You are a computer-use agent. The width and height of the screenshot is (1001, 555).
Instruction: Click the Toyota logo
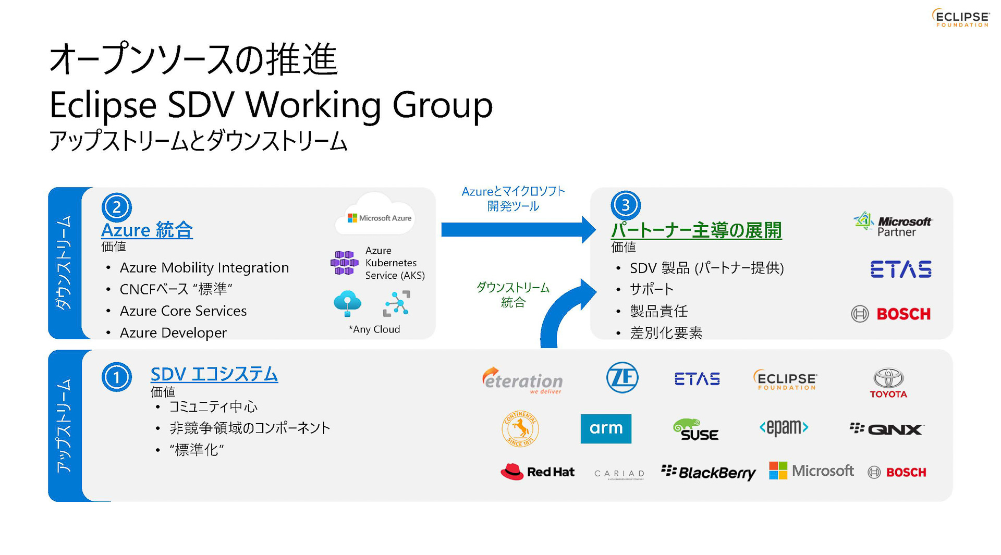(x=888, y=383)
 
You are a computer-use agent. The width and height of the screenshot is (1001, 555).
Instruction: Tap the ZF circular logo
(x=622, y=377)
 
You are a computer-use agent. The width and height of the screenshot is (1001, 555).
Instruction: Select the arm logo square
(x=605, y=428)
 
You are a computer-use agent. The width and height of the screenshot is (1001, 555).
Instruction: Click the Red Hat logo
(x=538, y=472)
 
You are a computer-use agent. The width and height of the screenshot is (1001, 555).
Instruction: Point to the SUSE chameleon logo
(x=695, y=429)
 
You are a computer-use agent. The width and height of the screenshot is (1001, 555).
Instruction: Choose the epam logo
(x=784, y=428)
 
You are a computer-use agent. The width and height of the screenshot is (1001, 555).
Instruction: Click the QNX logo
(x=886, y=429)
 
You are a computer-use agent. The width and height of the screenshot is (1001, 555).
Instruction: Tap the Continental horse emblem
(x=520, y=429)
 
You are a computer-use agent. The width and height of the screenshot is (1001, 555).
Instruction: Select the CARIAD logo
(x=619, y=474)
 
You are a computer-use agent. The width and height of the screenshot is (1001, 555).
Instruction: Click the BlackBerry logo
(x=708, y=472)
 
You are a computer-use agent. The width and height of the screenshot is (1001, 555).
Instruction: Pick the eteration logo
(x=522, y=381)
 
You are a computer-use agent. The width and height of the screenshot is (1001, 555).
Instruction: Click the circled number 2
(x=116, y=207)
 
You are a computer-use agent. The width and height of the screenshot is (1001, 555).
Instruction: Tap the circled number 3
(x=625, y=205)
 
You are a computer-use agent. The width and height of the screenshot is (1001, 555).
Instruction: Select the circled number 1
(x=116, y=377)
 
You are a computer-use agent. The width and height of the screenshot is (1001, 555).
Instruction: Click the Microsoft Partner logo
(x=893, y=225)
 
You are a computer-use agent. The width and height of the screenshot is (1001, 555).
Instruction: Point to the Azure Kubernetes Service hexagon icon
(x=345, y=263)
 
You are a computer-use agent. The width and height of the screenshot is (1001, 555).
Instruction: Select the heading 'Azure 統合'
(x=147, y=230)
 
